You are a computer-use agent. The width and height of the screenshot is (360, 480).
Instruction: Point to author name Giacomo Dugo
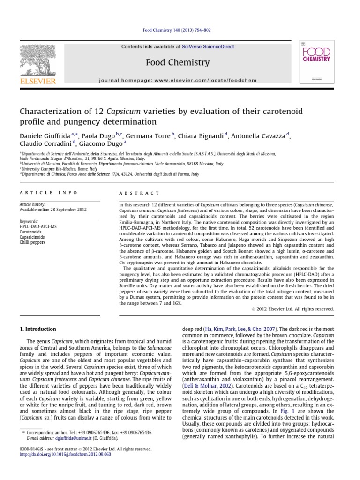click(98, 144)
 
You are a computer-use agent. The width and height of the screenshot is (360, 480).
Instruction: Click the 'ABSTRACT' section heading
click(140, 193)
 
